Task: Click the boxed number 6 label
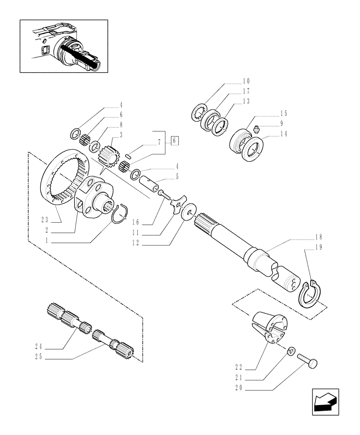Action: click(x=174, y=141)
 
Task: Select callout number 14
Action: click(x=284, y=135)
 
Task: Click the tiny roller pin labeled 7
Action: click(x=128, y=155)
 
